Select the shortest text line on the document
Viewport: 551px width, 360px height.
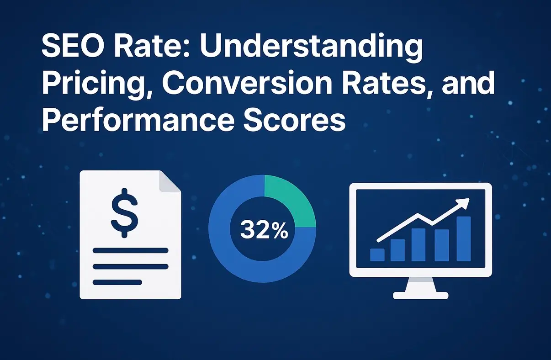117,282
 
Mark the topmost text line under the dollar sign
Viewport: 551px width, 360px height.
130,250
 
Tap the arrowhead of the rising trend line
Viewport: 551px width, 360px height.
465,203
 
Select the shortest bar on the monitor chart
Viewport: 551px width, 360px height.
377,255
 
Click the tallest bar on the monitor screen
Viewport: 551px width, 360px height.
463,238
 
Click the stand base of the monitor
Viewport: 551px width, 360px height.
420,295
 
